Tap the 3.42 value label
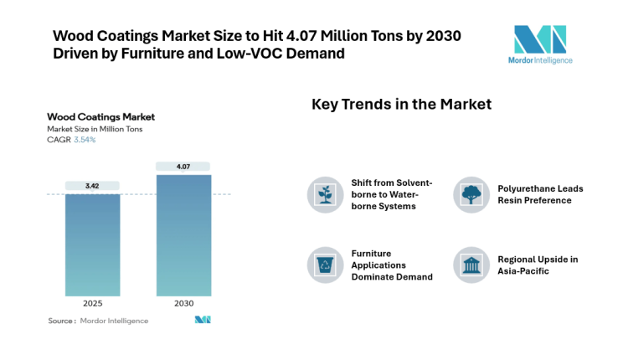(92, 185)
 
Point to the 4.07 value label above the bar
(183, 167)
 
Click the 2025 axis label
(92, 303)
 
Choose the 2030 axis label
(183, 303)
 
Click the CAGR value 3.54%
(85, 140)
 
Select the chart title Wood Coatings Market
(100, 117)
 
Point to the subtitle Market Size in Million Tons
(95, 129)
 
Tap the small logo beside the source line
(202, 320)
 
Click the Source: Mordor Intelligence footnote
(98, 321)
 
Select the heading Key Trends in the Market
(401, 105)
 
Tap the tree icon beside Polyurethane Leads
(471, 194)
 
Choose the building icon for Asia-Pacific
(471, 265)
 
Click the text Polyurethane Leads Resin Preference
(540, 194)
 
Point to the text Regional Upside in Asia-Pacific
(538, 265)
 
